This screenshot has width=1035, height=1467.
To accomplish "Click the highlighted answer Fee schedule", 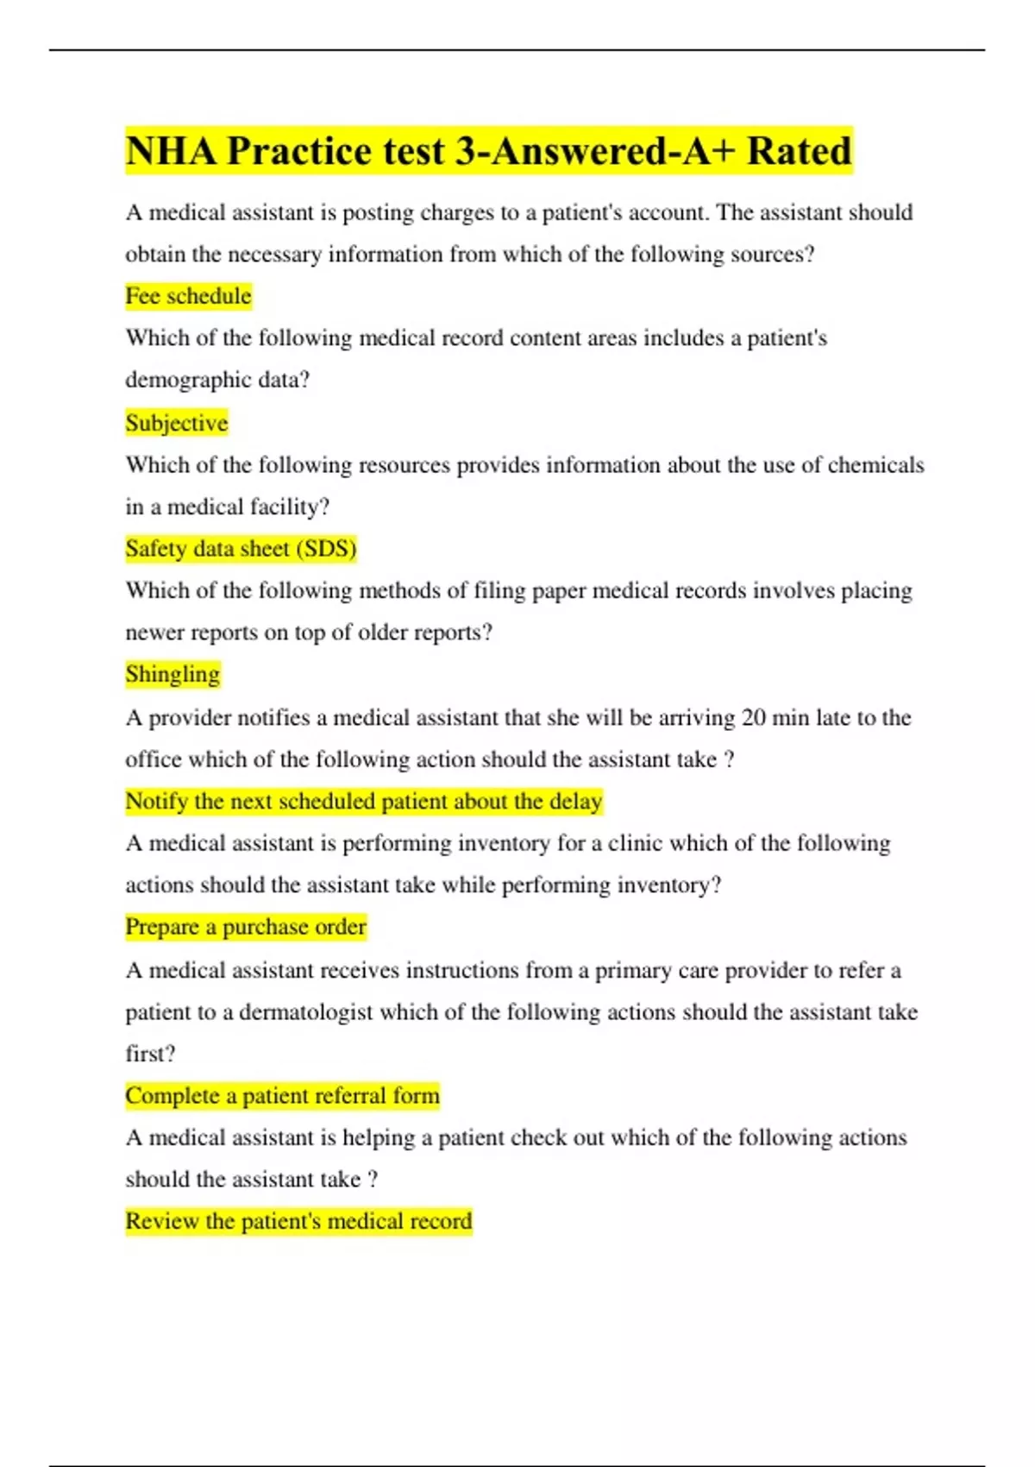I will pyautogui.click(x=188, y=296).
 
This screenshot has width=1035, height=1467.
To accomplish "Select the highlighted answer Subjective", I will pyautogui.click(x=177, y=423).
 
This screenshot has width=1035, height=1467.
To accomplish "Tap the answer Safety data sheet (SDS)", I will pyautogui.click(x=241, y=549).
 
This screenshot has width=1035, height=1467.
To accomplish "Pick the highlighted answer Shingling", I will pyautogui.click(x=172, y=674).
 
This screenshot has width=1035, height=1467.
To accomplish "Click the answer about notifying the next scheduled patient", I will pyautogui.click(x=363, y=802).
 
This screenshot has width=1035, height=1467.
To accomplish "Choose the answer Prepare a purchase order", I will pyautogui.click(x=246, y=927).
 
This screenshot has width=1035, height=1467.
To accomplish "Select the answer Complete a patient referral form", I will pyautogui.click(x=282, y=1096).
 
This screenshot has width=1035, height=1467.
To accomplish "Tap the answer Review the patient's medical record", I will pyautogui.click(x=298, y=1221).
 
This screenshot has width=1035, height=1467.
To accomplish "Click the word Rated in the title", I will pyautogui.click(x=799, y=151).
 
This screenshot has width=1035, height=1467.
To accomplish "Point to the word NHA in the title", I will pyautogui.click(x=171, y=151).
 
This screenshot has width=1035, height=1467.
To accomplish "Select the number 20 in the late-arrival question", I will pyautogui.click(x=753, y=718).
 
